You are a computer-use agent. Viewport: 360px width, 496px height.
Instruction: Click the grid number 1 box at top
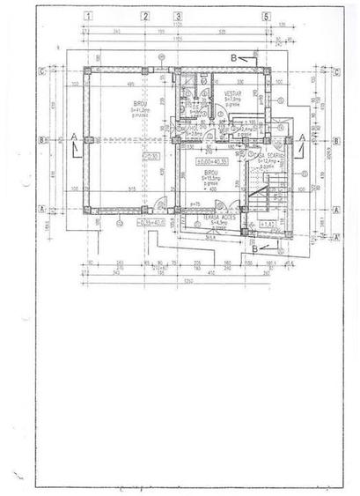coord(88,16)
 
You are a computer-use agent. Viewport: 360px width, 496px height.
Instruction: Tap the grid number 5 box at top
coord(265,16)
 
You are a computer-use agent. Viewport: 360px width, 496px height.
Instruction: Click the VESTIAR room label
coord(232,93)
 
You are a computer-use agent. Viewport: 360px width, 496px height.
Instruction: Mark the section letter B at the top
coord(232,56)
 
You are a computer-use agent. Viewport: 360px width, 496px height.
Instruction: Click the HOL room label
coord(193,128)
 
